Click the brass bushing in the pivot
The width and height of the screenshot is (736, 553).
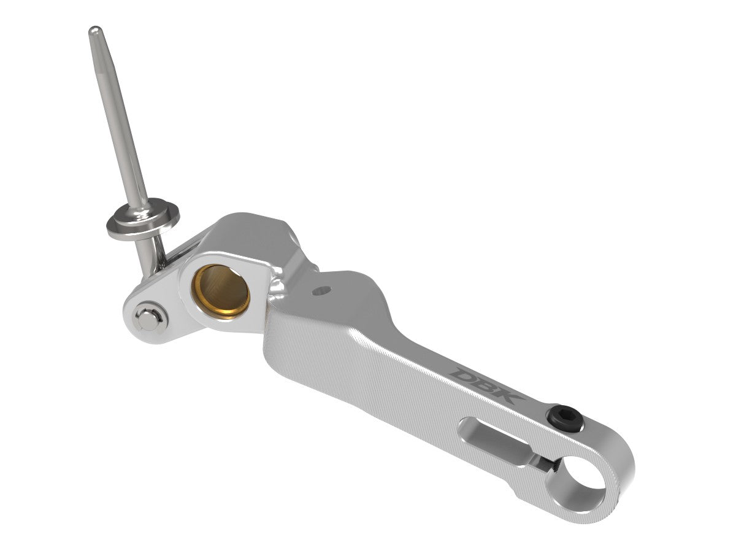coord(221,290)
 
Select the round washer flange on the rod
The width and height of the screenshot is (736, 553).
coord(142,221)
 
